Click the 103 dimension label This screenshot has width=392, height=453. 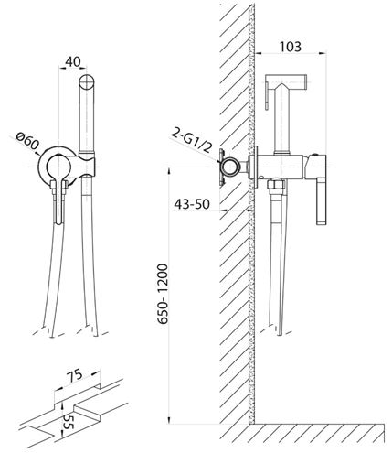pos(291,47)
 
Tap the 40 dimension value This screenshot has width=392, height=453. pos(73,62)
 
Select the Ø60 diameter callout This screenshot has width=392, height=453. pos(27,141)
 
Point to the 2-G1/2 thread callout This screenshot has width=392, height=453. pos(191,140)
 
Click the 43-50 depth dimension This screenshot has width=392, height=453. pos(192,204)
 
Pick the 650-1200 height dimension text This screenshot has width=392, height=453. pos(163,294)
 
